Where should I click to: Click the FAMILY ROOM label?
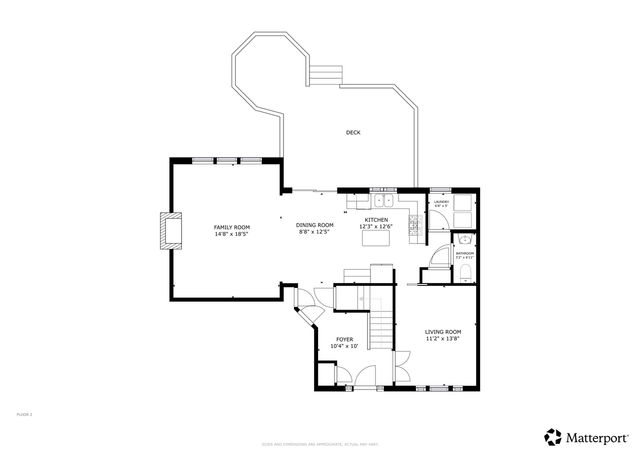click(x=231, y=227)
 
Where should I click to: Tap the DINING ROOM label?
click(x=314, y=225)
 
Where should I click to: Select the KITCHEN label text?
click(x=376, y=219)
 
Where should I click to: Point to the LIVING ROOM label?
click(x=442, y=331)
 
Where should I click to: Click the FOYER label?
click(x=344, y=339)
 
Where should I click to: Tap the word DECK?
click(x=353, y=132)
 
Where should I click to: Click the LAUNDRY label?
click(x=440, y=202)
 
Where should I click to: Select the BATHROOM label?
click(x=465, y=254)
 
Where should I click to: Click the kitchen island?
click(x=377, y=238)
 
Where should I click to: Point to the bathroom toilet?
click(x=466, y=240)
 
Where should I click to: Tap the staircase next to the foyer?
click(x=380, y=326)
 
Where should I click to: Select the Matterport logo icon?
click(x=551, y=436)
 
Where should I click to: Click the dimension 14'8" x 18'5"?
click(x=231, y=234)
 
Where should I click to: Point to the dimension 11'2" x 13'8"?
click(x=442, y=338)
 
